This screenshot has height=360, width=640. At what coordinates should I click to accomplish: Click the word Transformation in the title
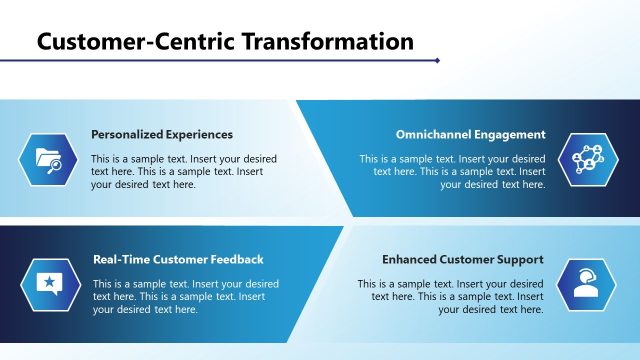[x=318, y=41]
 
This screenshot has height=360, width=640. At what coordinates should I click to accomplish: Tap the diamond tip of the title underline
[x=437, y=60]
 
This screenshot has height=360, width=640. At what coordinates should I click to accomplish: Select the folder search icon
[x=47, y=159]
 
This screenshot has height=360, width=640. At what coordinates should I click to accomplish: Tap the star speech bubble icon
[x=47, y=284]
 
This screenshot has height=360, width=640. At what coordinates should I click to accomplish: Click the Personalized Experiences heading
[x=162, y=134]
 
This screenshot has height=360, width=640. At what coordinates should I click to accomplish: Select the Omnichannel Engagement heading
[x=470, y=134]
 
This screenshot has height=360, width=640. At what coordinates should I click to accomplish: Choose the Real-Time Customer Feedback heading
[x=178, y=259]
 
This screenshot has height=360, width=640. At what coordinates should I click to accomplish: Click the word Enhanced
[x=410, y=259]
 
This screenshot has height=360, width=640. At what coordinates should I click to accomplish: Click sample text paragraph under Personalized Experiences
[x=184, y=171]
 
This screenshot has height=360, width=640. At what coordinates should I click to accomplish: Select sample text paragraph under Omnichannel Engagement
[x=452, y=171]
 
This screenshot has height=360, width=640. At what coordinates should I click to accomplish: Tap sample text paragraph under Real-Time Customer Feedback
[x=184, y=296]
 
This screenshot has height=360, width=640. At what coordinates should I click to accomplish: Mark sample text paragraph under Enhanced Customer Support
[x=451, y=296]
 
